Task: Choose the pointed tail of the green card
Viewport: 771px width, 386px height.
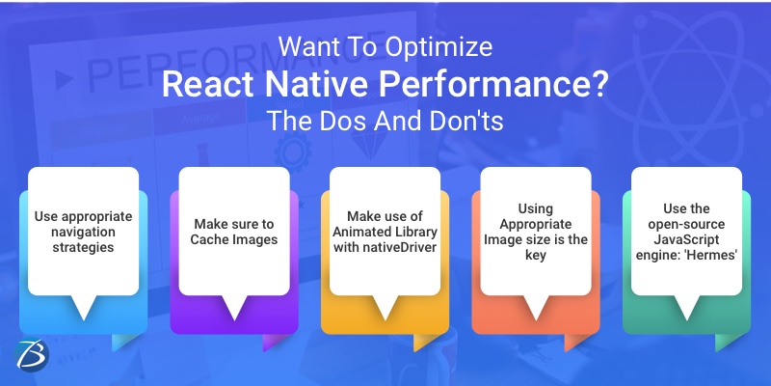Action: click(x=686, y=311)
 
